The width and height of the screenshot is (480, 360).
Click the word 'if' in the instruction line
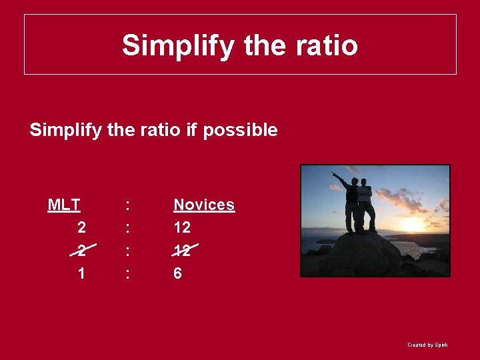191,130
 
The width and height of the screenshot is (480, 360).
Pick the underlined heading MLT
64,205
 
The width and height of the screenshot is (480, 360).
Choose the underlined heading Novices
204,205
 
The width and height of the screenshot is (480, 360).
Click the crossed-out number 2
81,251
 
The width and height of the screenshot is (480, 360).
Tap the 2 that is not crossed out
81,228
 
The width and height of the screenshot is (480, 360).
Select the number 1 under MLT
81,273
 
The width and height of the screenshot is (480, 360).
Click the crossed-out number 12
182,251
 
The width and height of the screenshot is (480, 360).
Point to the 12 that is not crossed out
182,228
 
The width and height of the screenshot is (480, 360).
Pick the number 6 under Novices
177,273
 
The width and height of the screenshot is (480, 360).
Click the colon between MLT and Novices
127,205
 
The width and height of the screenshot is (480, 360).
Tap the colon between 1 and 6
127,274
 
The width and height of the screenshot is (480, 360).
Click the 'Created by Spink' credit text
427,345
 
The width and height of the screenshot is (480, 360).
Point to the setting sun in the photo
414,224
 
